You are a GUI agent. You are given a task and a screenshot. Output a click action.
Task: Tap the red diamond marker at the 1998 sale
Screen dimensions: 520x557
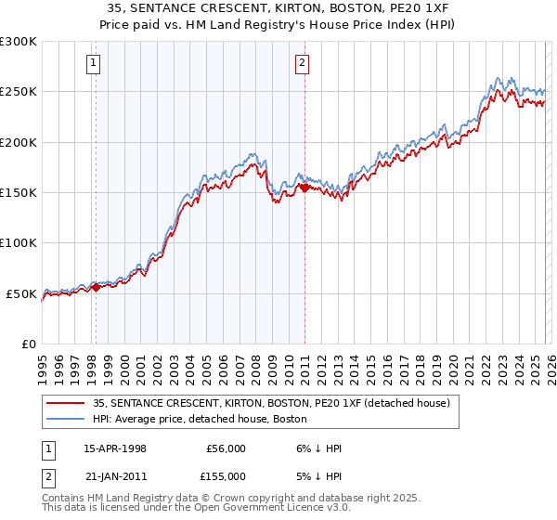click(x=95, y=288)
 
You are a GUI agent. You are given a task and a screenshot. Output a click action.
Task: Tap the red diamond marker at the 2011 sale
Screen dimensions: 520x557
click(x=304, y=188)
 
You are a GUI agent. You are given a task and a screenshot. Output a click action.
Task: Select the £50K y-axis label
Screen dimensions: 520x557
click(x=21, y=293)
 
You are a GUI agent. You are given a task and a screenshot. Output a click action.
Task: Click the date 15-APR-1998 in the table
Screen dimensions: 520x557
click(x=115, y=448)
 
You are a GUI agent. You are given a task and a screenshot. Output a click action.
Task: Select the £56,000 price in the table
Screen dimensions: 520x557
click(x=225, y=448)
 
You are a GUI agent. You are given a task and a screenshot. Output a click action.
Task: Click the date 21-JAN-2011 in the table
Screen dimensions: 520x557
click(x=115, y=475)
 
